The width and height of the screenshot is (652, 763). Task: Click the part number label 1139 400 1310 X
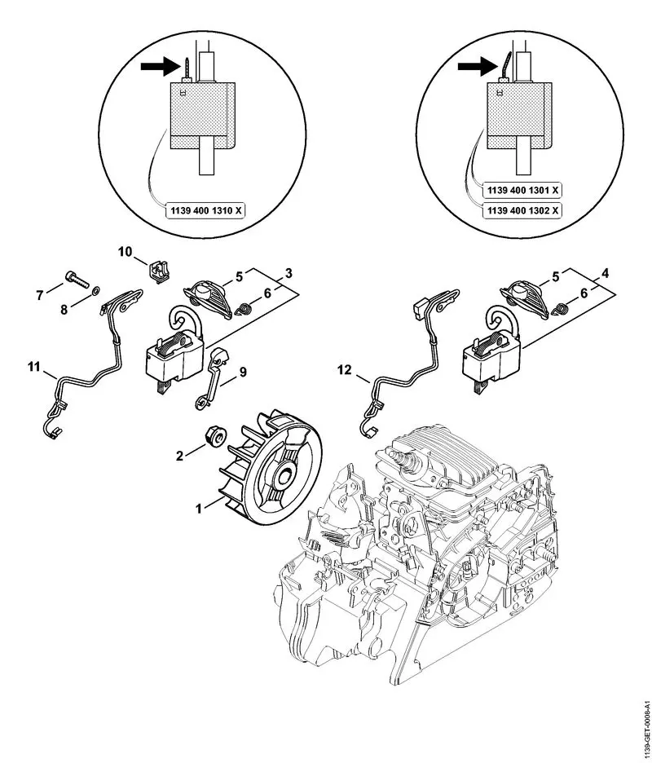click(x=205, y=209)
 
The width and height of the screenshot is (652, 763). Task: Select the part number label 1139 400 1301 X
click(x=522, y=190)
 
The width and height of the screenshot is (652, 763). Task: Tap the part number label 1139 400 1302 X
click(x=522, y=210)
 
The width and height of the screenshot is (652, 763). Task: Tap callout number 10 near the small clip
click(x=126, y=253)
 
